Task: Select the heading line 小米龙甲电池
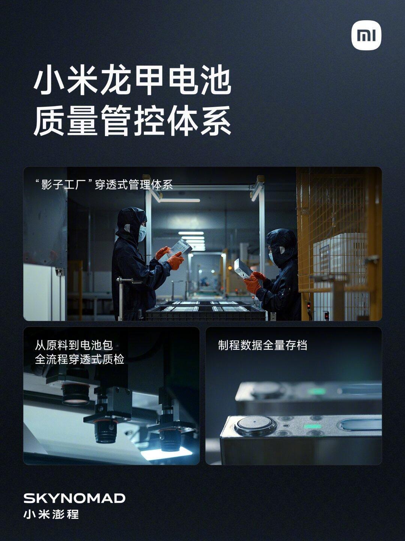coord(132,79)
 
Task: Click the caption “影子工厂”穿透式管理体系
coord(104,184)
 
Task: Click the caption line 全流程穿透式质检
coord(79,360)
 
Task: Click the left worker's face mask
coord(142,233)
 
